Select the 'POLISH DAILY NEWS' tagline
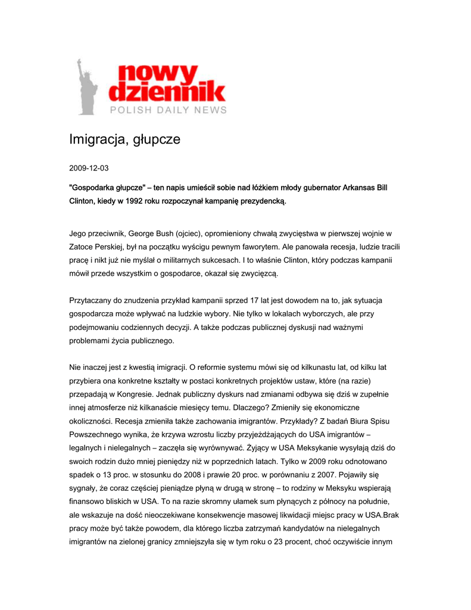(x=167, y=110)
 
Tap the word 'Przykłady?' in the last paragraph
(x=283, y=421)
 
